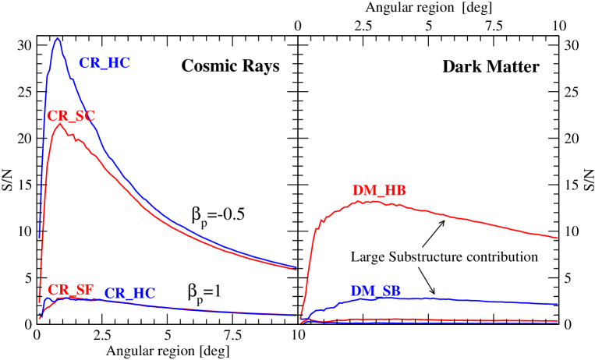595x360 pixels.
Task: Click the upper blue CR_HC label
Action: [104, 64]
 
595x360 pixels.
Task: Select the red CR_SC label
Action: [71, 116]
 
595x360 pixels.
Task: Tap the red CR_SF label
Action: [70, 290]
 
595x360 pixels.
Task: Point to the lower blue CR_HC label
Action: [129, 294]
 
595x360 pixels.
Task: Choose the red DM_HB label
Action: [379, 191]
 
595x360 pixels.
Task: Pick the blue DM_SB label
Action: [375, 291]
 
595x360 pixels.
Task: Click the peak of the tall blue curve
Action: [58, 37]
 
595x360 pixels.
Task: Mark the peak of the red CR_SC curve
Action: [59, 124]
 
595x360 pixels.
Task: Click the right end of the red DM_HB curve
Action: [558, 238]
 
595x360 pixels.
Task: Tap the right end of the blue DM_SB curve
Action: [558, 304]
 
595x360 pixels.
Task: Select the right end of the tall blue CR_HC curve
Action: [297, 267]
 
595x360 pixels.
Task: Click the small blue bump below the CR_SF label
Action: [47, 298]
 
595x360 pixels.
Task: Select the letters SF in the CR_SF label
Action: [84, 290]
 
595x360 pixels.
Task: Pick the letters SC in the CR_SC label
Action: [85, 116]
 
